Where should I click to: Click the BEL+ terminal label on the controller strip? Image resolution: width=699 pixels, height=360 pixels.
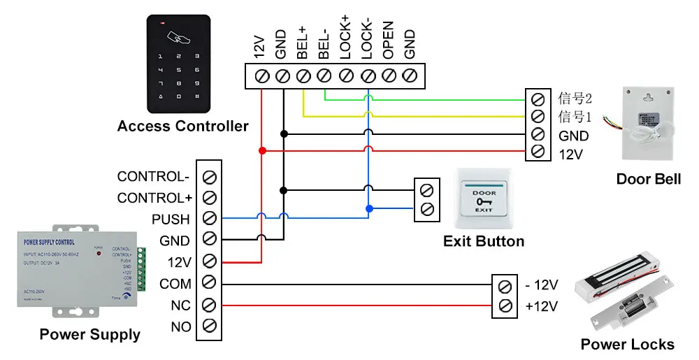[303, 42]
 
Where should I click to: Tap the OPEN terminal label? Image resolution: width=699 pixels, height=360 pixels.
[389, 40]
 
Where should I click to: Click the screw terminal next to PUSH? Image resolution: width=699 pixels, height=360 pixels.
[208, 218]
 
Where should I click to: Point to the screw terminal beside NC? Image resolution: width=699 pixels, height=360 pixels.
[208, 305]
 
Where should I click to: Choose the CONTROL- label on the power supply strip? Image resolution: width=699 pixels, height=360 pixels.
[153, 176]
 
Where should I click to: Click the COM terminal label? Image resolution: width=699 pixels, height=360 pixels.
[175, 284]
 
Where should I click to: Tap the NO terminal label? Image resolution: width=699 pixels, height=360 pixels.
[180, 326]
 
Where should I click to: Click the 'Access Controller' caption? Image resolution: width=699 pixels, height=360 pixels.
[182, 127]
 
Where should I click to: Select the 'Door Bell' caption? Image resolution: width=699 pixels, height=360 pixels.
[648, 180]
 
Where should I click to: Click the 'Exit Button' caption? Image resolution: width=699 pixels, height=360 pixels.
[484, 241]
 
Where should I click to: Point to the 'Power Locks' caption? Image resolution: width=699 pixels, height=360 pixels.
[627, 344]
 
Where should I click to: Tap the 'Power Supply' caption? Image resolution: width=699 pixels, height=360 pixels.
[89, 334]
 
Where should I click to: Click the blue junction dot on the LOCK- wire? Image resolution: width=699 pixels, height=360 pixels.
[368, 208]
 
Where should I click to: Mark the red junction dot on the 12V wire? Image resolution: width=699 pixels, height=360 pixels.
[262, 150]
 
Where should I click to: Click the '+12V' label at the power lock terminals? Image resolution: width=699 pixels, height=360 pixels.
[542, 305]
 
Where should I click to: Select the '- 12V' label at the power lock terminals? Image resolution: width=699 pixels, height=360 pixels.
[542, 285]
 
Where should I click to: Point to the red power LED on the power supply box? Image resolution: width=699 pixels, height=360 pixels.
[99, 252]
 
